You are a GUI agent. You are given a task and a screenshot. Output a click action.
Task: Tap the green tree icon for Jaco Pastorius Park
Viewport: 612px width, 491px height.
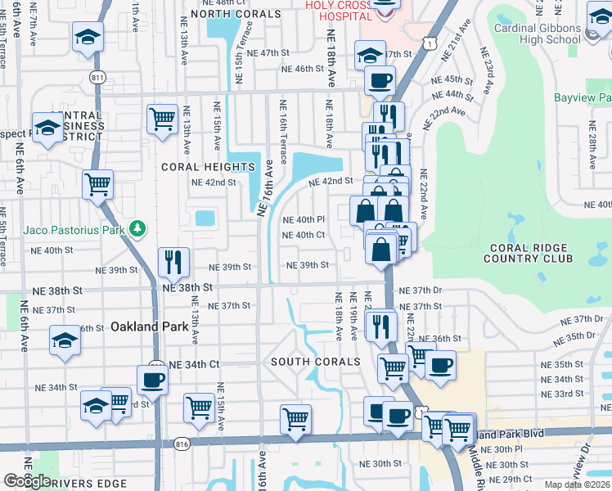(x=139, y=228)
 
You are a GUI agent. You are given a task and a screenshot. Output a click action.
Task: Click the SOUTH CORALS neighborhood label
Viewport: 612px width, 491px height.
(x=315, y=362)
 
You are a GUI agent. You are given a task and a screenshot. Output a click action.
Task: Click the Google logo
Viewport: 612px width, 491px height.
(x=27, y=480)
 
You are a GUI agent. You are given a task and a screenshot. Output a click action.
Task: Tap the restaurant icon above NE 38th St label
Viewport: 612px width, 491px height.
(x=173, y=262)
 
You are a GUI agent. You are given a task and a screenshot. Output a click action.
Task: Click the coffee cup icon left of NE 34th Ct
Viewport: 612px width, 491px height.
(x=153, y=379)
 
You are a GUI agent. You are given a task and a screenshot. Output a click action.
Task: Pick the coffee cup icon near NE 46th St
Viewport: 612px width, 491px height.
(x=379, y=80)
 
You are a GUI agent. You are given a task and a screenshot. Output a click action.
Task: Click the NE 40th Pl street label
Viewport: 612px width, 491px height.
(x=304, y=220)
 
